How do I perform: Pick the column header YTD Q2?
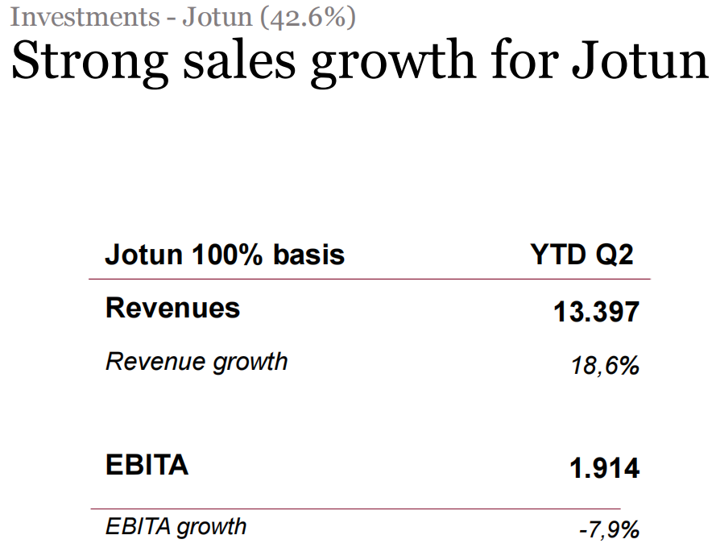581,255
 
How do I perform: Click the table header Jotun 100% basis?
225,255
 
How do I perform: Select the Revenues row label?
172,308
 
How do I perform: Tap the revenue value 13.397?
596,312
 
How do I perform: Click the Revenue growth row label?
197,361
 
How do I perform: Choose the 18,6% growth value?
605,366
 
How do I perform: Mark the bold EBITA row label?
147,465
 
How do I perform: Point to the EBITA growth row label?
176,527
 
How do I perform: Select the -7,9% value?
609,530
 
